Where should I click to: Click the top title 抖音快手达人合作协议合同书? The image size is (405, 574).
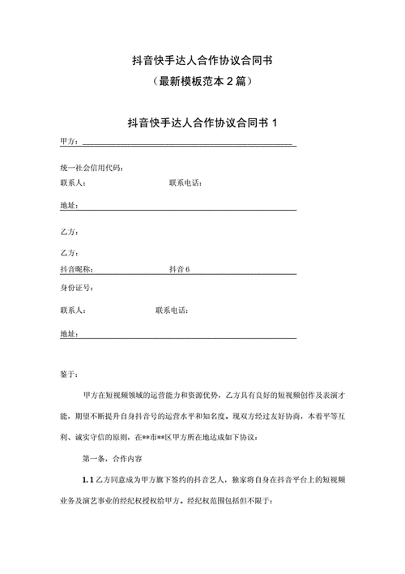[x=202, y=60]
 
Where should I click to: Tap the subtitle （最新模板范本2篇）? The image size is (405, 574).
[x=202, y=81]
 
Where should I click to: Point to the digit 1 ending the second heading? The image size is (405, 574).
[x=274, y=122]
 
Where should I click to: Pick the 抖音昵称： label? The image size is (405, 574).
[x=77, y=268]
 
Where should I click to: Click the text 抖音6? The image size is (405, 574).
[x=179, y=268]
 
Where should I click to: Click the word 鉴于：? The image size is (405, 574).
[x=69, y=374]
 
